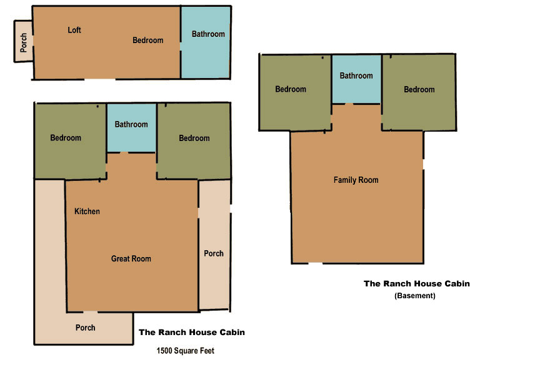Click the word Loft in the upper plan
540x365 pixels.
74,30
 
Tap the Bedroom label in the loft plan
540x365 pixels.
147,41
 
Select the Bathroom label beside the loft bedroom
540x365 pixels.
207,34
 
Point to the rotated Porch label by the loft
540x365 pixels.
23,42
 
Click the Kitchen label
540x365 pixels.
87,212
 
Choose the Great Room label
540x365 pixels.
131,259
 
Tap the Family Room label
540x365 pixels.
356,180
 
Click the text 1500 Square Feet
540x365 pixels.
185,351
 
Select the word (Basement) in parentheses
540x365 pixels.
414,296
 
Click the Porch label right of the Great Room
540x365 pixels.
214,253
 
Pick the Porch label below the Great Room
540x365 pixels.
85,328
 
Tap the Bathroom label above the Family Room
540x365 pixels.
356,76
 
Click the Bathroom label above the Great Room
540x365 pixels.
131,125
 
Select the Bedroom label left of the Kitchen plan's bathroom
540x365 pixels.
66,139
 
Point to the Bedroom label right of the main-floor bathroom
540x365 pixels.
194,139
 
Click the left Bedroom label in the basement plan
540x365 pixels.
291,89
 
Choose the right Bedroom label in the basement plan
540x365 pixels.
419,90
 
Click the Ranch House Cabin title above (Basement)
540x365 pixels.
416,283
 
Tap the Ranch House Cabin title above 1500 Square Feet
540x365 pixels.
191,333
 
